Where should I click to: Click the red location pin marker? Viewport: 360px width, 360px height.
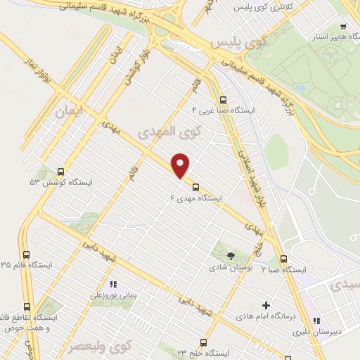pos(181,166)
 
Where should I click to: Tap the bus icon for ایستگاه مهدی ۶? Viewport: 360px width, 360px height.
pos(196,188)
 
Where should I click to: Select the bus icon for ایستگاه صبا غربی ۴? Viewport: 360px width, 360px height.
pos(223,100)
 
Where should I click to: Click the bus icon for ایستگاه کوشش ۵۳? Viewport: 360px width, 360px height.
pos(60,171)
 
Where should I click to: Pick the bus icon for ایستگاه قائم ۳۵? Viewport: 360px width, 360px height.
pos(27,255)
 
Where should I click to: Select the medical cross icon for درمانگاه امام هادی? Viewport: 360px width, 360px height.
pos(266,305)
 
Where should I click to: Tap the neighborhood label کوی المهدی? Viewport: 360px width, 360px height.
pos(170,131)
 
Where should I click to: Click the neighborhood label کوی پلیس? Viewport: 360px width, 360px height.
pos(243,41)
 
